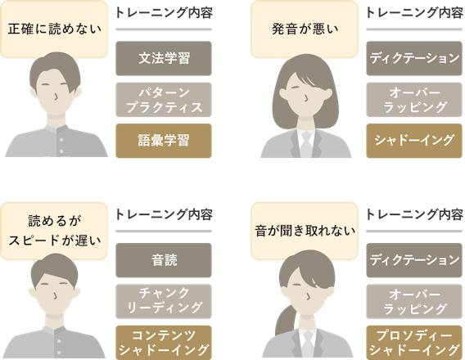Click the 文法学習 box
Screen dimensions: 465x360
(164, 58)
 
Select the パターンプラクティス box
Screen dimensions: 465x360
(164, 100)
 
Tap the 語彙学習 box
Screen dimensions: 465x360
(164, 141)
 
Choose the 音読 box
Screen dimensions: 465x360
(164, 260)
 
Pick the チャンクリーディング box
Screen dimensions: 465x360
(164, 301)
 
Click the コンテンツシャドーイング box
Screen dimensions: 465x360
(164, 343)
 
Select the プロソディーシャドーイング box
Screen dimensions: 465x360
(414, 343)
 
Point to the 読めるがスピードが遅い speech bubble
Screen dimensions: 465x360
(54, 230)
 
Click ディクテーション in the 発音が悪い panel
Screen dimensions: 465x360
(414, 58)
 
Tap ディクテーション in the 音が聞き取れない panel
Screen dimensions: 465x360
(414, 260)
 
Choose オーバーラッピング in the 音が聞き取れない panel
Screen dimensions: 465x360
(414, 301)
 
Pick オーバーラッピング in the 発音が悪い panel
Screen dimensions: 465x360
(414, 100)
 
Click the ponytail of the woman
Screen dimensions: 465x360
(285, 320)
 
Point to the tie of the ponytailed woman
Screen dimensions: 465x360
(308, 344)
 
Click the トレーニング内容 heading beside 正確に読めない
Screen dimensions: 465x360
(164, 13)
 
